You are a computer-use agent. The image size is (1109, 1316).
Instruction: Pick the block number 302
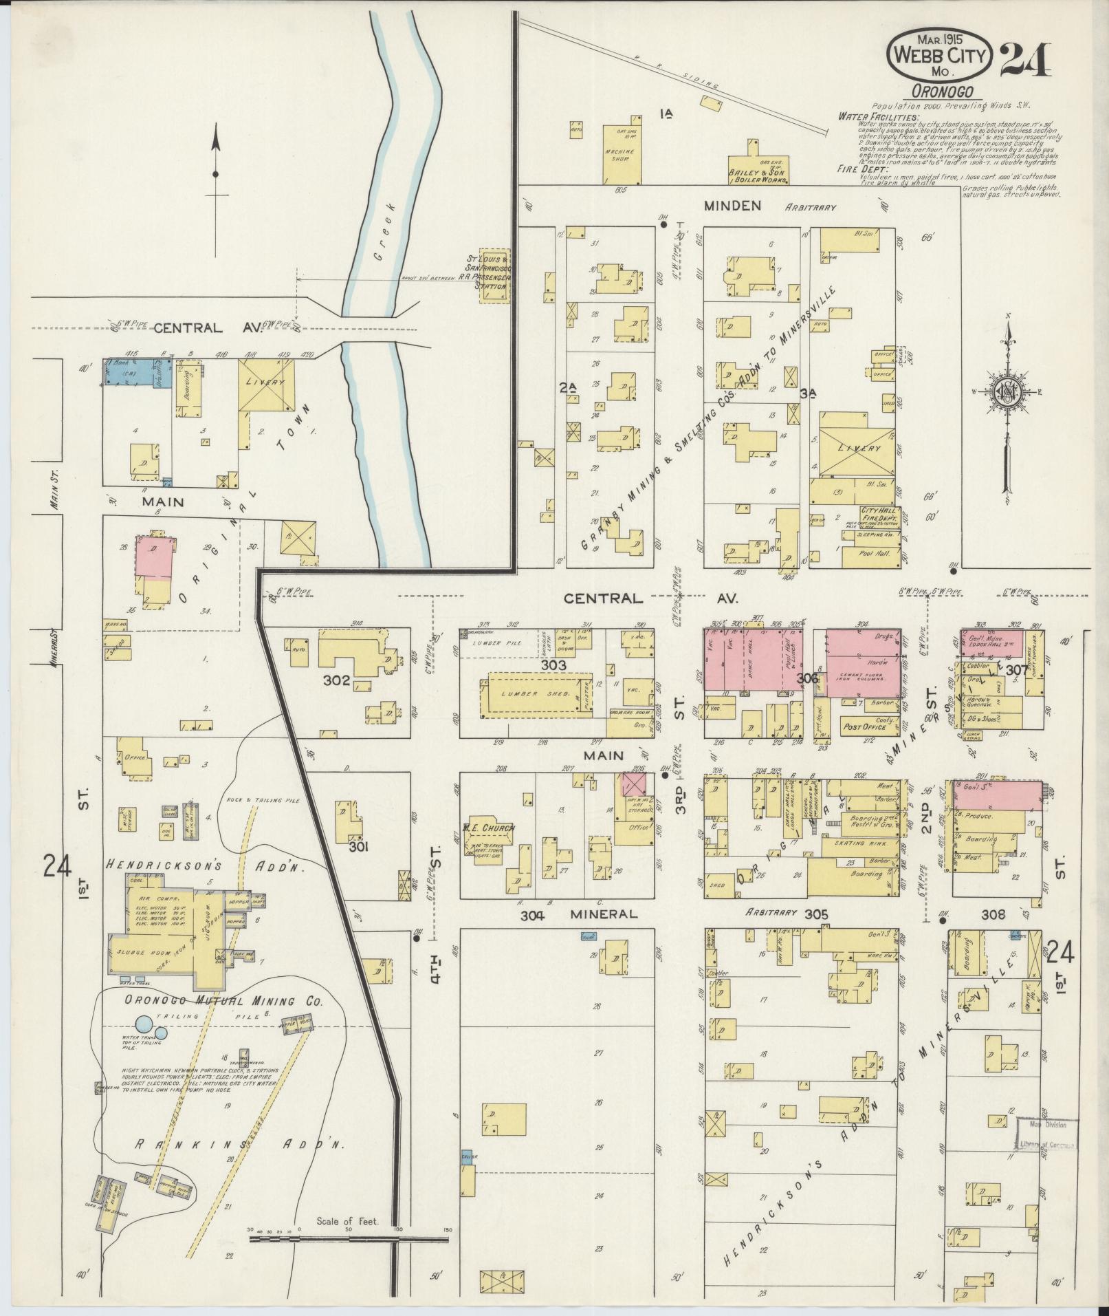tap(340, 681)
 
